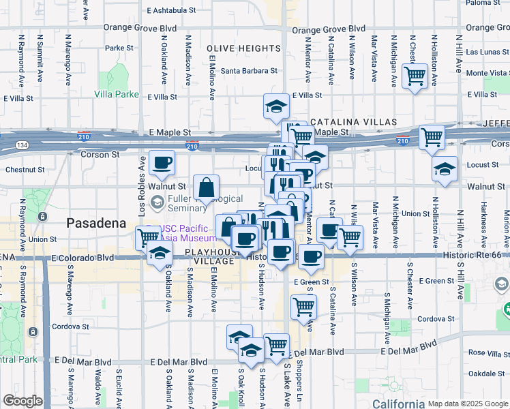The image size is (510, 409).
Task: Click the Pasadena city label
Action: pyautogui.click(x=96, y=223)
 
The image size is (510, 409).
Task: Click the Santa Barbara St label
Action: pyautogui.click(x=250, y=70)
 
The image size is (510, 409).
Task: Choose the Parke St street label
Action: pyautogui.click(x=119, y=48)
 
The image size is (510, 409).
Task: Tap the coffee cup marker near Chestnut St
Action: pyautogui.click(x=162, y=164)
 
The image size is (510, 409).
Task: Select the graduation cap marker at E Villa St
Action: pyautogui.click(x=276, y=106)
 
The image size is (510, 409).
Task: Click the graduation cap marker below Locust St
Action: pyautogui.click(x=445, y=170)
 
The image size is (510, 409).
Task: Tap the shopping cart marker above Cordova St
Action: pyautogui.click(x=303, y=305)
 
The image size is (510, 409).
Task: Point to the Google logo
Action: pyautogui.click(x=22, y=401)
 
